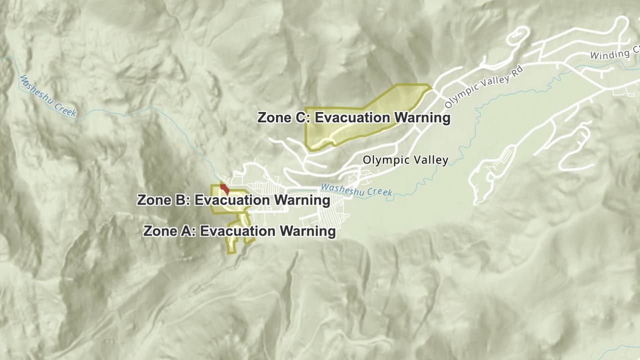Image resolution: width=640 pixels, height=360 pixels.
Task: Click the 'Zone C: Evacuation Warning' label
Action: [353, 118]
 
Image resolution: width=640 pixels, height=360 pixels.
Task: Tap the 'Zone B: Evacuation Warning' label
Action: [233, 200]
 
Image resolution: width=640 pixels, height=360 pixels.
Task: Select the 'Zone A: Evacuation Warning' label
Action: [239, 231]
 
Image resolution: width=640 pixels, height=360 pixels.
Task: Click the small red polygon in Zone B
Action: [225, 189]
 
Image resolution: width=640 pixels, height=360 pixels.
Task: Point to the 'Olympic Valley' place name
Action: [405, 160]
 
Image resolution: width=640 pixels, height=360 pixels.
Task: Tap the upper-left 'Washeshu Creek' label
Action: [47, 95]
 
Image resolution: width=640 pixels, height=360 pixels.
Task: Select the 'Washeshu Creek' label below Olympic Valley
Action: [356, 190]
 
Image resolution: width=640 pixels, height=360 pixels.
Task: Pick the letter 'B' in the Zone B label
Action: [183, 200]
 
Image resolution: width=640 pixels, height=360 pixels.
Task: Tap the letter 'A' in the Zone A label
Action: [189, 231]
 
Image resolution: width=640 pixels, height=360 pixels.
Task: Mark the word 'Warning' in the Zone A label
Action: [307, 231]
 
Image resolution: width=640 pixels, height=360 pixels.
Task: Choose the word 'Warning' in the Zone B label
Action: [301, 200]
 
